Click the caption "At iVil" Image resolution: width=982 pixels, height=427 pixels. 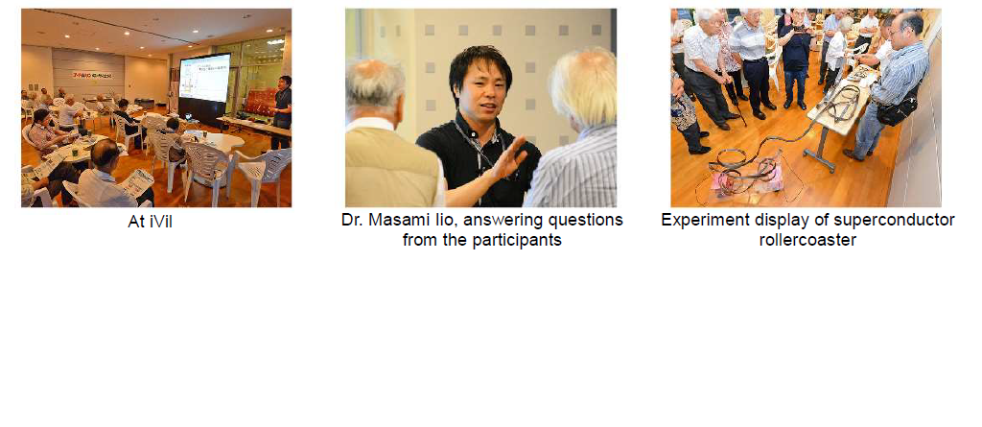click(150, 222)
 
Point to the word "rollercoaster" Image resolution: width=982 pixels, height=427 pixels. click(807, 240)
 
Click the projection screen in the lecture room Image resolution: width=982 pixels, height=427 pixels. click(204, 79)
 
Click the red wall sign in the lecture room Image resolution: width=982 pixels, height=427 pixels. click(92, 75)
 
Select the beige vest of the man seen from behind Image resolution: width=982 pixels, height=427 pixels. click(390, 167)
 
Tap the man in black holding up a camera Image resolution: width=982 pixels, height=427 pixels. click(795, 57)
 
